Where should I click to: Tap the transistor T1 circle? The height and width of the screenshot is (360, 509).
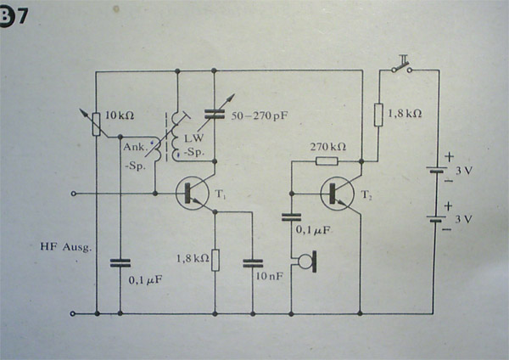(x=193, y=194)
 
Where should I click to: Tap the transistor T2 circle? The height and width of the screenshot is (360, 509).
(x=339, y=194)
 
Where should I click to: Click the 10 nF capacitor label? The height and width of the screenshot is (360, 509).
(x=266, y=275)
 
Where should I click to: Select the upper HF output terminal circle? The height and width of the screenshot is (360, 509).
(x=75, y=194)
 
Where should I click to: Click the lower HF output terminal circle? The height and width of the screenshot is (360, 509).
(x=75, y=313)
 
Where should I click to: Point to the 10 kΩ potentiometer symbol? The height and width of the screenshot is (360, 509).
(x=97, y=124)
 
